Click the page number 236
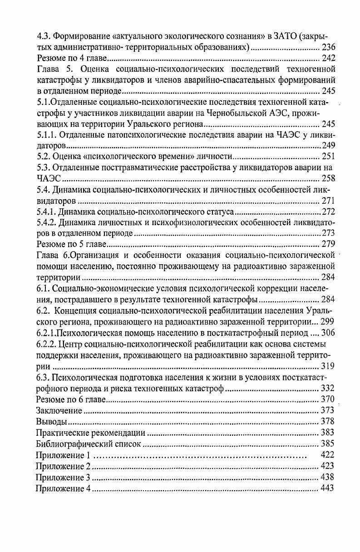328,48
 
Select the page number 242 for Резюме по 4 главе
328,59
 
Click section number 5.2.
44,157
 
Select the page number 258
328,178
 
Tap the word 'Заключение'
59,410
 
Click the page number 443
328,488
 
